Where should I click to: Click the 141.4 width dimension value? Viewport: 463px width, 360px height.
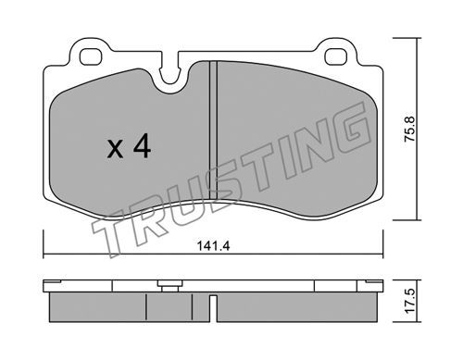click(x=213, y=246)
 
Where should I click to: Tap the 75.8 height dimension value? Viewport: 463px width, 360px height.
click(x=410, y=129)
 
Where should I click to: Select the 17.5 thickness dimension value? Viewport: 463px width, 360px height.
click(x=410, y=302)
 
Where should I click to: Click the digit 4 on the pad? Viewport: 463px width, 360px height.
click(x=142, y=147)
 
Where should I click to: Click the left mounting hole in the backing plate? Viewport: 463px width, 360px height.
click(x=91, y=56)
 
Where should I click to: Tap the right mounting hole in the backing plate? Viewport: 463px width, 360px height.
click(x=335, y=56)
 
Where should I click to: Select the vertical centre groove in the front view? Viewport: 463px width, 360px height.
click(x=213, y=130)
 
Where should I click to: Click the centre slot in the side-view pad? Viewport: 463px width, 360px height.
click(x=213, y=308)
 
